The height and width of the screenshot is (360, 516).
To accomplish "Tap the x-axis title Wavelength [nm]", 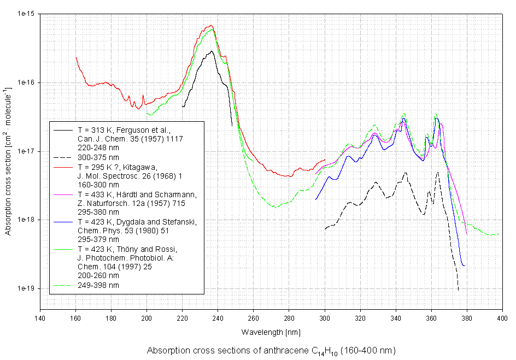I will (271, 332).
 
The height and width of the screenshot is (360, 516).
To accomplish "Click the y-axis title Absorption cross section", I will (8, 160).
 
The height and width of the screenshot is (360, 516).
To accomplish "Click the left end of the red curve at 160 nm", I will (76, 57).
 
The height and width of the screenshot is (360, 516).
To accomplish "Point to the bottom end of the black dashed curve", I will (458, 290).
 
